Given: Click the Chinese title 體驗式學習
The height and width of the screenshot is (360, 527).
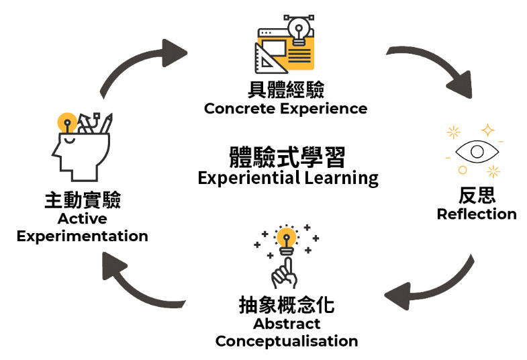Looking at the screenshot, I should [x=287, y=158].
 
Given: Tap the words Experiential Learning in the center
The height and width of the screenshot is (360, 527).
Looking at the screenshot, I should [x=288, y=179].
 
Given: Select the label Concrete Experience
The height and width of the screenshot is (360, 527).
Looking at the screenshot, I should [x=285, y=109].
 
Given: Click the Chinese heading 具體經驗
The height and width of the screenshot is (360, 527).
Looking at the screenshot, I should [x=285, y=90].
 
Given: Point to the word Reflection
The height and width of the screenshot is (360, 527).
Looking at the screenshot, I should [x=477, y=214].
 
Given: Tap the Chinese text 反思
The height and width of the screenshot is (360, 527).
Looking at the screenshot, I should [x=477, y=195].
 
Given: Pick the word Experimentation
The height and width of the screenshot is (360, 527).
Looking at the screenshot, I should [x=82, y=236].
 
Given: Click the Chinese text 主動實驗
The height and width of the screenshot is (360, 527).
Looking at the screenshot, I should [x=82, y=201].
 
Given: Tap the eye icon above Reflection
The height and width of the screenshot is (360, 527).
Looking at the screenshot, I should [x=476, y=150].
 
